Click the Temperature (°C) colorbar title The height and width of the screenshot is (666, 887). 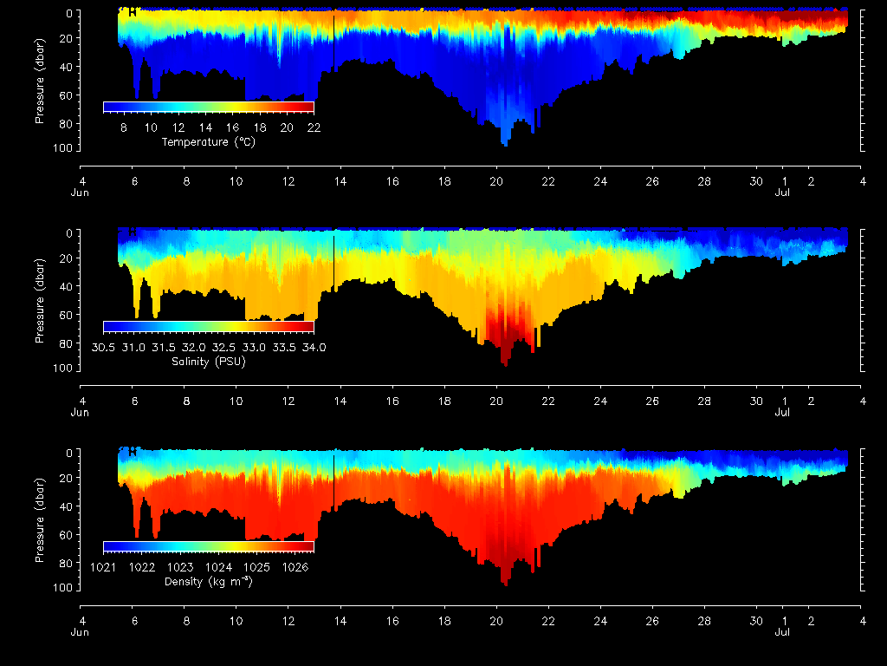click(208, 142)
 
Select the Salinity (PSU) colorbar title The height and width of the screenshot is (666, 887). click(208, 362)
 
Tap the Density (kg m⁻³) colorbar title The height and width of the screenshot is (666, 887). click(208, 581)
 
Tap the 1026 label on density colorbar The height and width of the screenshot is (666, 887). click(295, 567)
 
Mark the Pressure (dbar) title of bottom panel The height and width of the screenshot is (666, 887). click(40, 519)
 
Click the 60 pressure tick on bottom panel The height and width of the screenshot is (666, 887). click(64, 532)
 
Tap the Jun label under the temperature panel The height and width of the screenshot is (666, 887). click(80, 193)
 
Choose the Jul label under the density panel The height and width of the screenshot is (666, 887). click(782, 632)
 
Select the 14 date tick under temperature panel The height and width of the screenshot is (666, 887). click(341, 182)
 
